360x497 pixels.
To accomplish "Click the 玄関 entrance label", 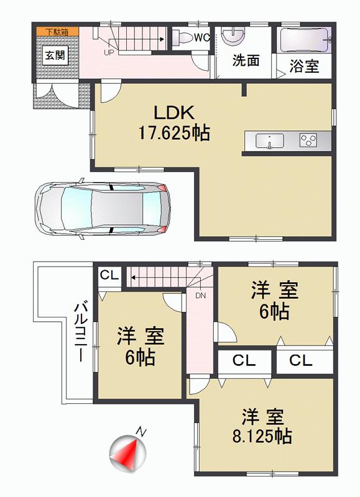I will tap(52, 55).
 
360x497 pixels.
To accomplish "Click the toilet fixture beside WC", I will tap(182, 37).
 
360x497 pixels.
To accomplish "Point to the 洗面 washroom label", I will tap(246, 60).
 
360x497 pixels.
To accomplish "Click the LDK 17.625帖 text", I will tap(175, 123).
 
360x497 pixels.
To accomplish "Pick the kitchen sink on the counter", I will tap(269, 140).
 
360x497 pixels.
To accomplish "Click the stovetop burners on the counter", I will tap(308, 140).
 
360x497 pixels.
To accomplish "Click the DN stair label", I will tap(200, 296).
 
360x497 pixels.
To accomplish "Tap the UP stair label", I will tap(108, 53).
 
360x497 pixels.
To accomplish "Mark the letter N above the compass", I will tap(142, 431).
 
